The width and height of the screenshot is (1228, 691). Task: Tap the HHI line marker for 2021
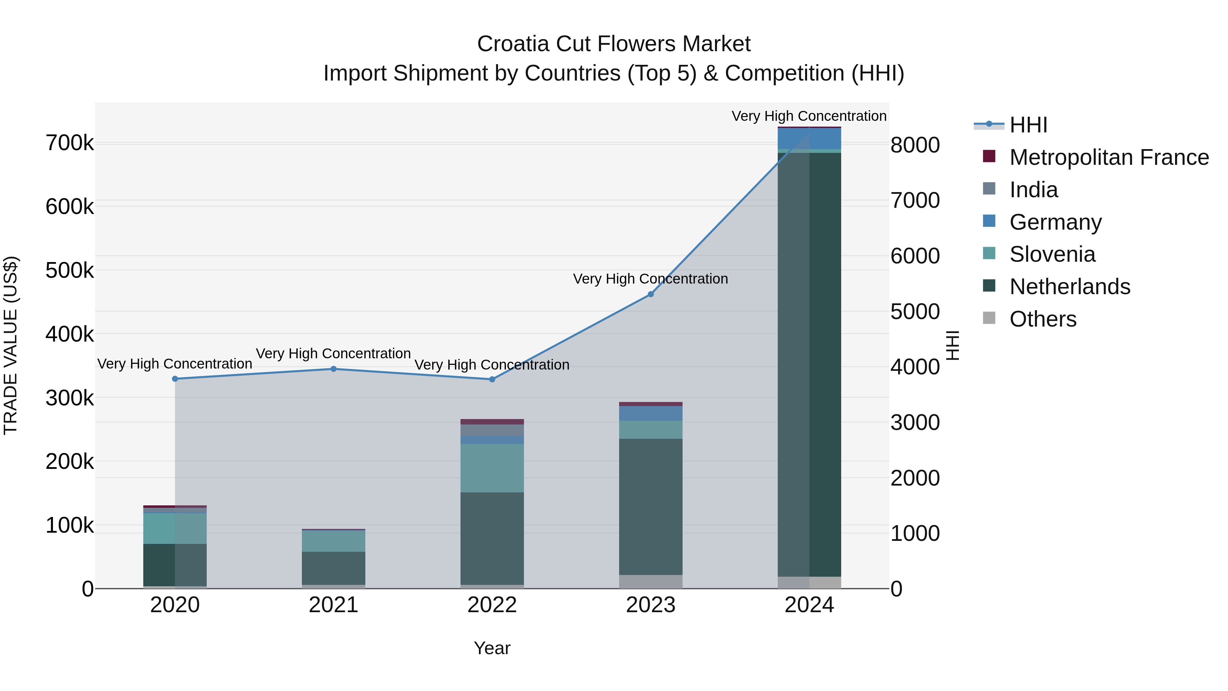(x=333, y=369)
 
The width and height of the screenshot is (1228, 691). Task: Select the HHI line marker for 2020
(x=175, y=379)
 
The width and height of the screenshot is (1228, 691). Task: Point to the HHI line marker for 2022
(x=492, y=379)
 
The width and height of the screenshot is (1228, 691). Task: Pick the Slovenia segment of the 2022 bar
(x=492, y=468)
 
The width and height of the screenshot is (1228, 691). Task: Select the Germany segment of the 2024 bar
(x=809, y=139)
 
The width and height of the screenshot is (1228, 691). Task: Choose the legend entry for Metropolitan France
(x=1109, y=157)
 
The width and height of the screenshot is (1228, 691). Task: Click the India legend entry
(x=1034, y=190)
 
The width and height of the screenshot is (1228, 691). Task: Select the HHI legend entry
(x=1028, y=125)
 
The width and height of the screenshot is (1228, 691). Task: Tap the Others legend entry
(x=1042, y=319)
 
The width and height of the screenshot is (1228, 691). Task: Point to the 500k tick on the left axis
(x=70, y=270)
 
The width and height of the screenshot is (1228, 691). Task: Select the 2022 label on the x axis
(x=492, y=605)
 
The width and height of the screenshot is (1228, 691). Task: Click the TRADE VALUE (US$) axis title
(x=11, y=345)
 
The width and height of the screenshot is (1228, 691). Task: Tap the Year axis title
(x=492, y=648)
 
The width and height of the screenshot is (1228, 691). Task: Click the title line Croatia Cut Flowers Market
(x=614, y=44)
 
